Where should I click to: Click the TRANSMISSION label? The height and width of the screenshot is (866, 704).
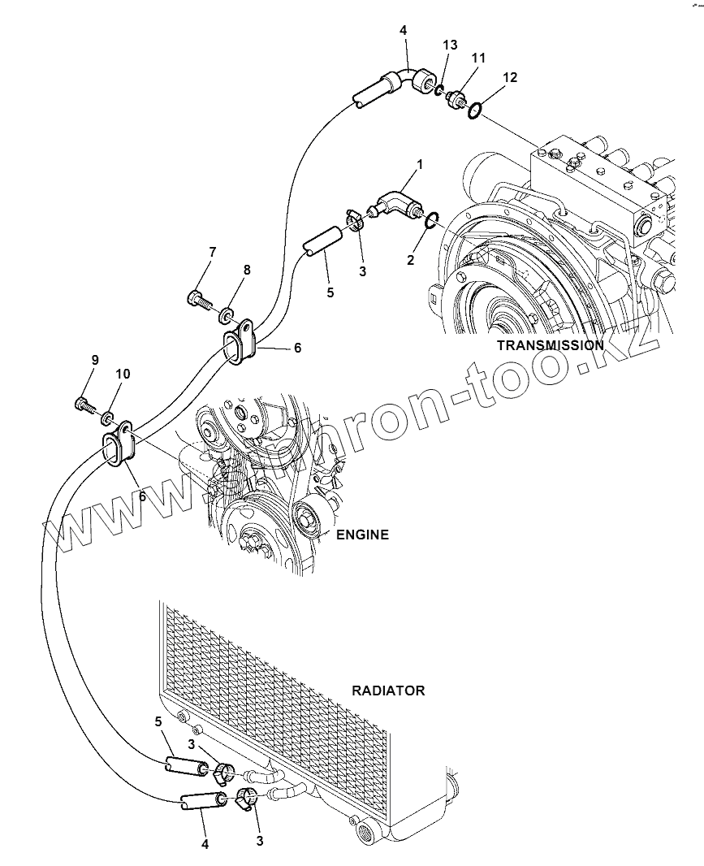click(550, 344)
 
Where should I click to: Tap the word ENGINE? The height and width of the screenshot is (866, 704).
click(362, 535)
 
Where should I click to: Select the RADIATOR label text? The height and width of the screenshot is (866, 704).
click(388, 691)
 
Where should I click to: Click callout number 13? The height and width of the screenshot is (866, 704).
click(450, 45)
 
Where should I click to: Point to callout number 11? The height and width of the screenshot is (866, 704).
click(478, 58)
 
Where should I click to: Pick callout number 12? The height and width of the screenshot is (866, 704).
click(509, 77)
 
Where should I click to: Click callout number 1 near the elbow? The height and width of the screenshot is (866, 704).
click(420, 165)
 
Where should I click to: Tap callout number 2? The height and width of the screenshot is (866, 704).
click(411, 260)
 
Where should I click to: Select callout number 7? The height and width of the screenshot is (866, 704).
click(212, 252)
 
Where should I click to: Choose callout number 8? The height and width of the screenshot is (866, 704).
click(246, 270)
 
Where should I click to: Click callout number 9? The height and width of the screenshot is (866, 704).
click(95, 359)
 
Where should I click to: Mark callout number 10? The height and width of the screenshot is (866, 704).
click(122, 374)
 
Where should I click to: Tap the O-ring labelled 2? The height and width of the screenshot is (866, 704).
click(431, 219)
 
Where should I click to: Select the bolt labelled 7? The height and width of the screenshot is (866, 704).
click(199, 300)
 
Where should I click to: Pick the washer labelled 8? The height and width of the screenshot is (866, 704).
click(227, 313)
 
